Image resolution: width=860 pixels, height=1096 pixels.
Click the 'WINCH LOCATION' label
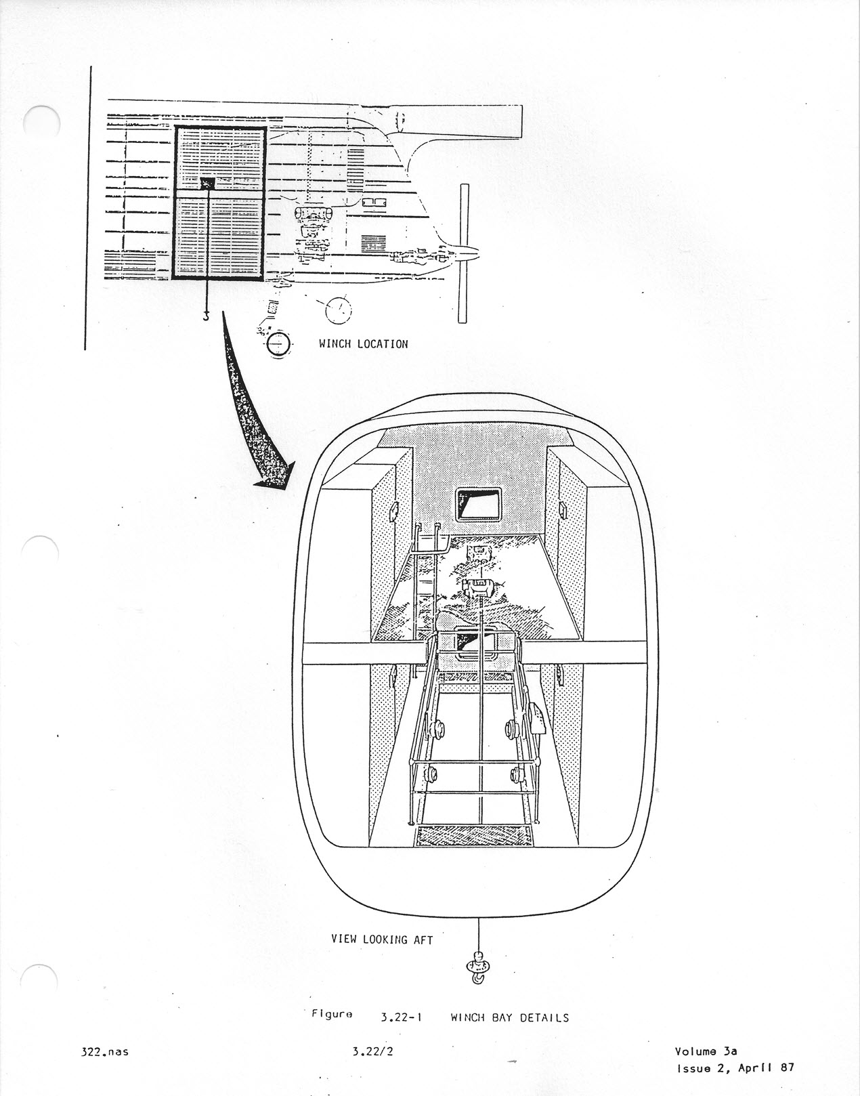point(363,344)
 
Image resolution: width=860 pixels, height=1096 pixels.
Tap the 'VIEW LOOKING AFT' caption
point(382,940)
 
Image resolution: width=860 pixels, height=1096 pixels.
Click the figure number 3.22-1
point(402,1017)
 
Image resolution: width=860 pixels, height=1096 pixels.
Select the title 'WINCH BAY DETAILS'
point(510,1017)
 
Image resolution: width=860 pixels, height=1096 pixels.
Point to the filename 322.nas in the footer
point(105,1052)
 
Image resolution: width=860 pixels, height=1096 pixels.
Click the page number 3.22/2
point(373,1051)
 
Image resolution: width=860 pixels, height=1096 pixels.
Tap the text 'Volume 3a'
point(706,1051)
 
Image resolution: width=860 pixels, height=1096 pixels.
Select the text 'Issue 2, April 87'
point(735,1068)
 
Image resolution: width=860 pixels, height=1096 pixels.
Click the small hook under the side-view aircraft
point(206,316)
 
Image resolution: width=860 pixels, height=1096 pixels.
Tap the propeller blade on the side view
point(463,253)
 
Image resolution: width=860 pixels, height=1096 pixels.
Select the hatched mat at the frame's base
point(473,836)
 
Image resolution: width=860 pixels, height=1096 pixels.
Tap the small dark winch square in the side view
point(208,184)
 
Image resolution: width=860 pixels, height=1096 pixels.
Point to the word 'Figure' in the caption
point(332,1014)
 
